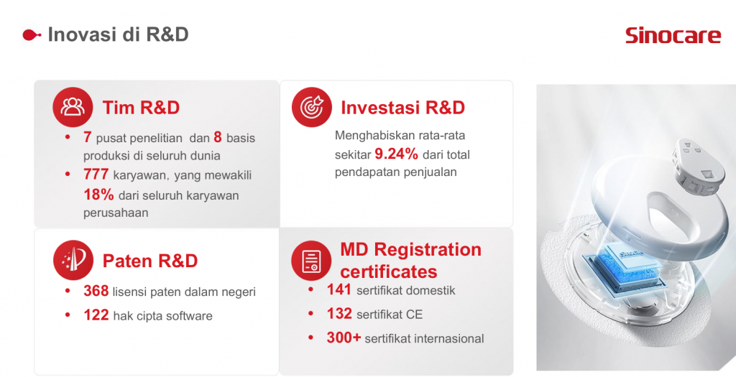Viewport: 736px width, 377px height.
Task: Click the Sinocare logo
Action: [673, 35]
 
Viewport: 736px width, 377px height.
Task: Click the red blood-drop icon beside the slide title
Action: [32, 34]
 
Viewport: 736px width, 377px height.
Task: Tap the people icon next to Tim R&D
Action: [73, 107]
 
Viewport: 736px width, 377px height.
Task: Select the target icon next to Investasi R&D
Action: [312, 107]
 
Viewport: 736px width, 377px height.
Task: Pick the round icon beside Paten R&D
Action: [73, 260]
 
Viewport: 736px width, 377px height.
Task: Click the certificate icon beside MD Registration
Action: [311, 261]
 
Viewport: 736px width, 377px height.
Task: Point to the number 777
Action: [96, 174]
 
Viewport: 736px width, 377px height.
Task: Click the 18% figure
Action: [98, 194]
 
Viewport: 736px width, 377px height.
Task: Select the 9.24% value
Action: [396, 154]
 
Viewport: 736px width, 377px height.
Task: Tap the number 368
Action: [96, 292]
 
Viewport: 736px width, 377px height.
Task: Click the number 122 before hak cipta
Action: [96, 315]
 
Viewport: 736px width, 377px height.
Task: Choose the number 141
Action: [339, 290]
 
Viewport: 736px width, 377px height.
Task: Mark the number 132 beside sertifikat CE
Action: [339, 313]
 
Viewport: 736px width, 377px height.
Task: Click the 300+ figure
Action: [344, 337]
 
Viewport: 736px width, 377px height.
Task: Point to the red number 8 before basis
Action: [217, 137]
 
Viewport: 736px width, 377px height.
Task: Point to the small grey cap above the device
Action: [695, 166]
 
